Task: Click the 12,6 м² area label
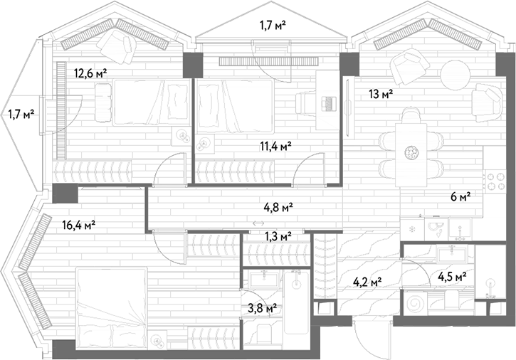click(x=91, y=73)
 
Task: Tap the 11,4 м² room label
click(x=275, y=147)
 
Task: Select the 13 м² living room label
click(x=381, y=95)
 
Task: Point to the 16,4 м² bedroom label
click(x=79, y=226)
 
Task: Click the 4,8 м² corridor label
click(x=278, y=207)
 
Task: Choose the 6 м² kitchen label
click(x=460, y=197)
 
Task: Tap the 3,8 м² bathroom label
click(x=263, y=308)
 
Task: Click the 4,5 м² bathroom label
click(x=452, y=277)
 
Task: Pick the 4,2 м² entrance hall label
click(x=367, y=282)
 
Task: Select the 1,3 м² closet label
click(x=278, y=236)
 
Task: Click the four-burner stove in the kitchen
click(x=495, y=181)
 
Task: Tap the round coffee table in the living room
click(x=455, y=74)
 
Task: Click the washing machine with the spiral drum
click(x=415, y=303)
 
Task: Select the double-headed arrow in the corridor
click(x=258, y=223)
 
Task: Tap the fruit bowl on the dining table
click(x=411, y=152)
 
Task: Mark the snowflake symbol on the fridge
click(x=411, y=229)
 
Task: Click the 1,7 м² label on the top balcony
click(x=273, y=25)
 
